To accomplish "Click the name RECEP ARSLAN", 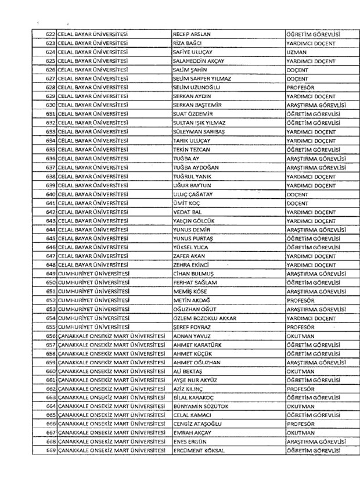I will (191, 35).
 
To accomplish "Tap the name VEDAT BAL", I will (186, 212).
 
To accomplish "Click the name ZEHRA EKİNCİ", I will (190, 265).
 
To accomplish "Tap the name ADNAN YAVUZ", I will (190, 336).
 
